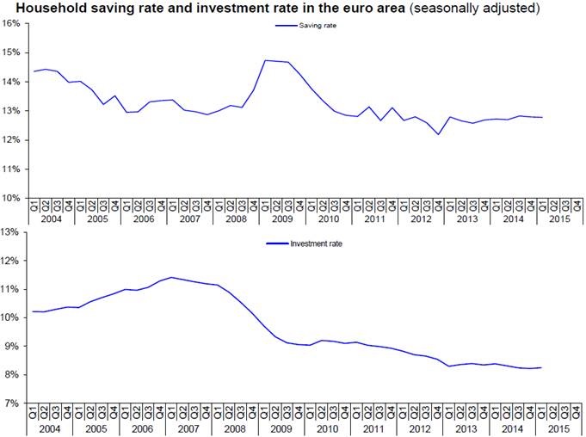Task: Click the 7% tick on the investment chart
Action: pyautogui.click(x=12, y=403)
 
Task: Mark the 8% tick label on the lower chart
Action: pyautogui.click(x=12, y=374)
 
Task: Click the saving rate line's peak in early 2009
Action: pyautogui.click(x=266, y=60)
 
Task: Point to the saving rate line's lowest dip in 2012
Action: pyautogui.click(x=439, y=134)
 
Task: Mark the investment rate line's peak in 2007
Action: pyautogui.click(x=173, y=277)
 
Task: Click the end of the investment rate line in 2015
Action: pyautogui.click(x=541, y=367)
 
